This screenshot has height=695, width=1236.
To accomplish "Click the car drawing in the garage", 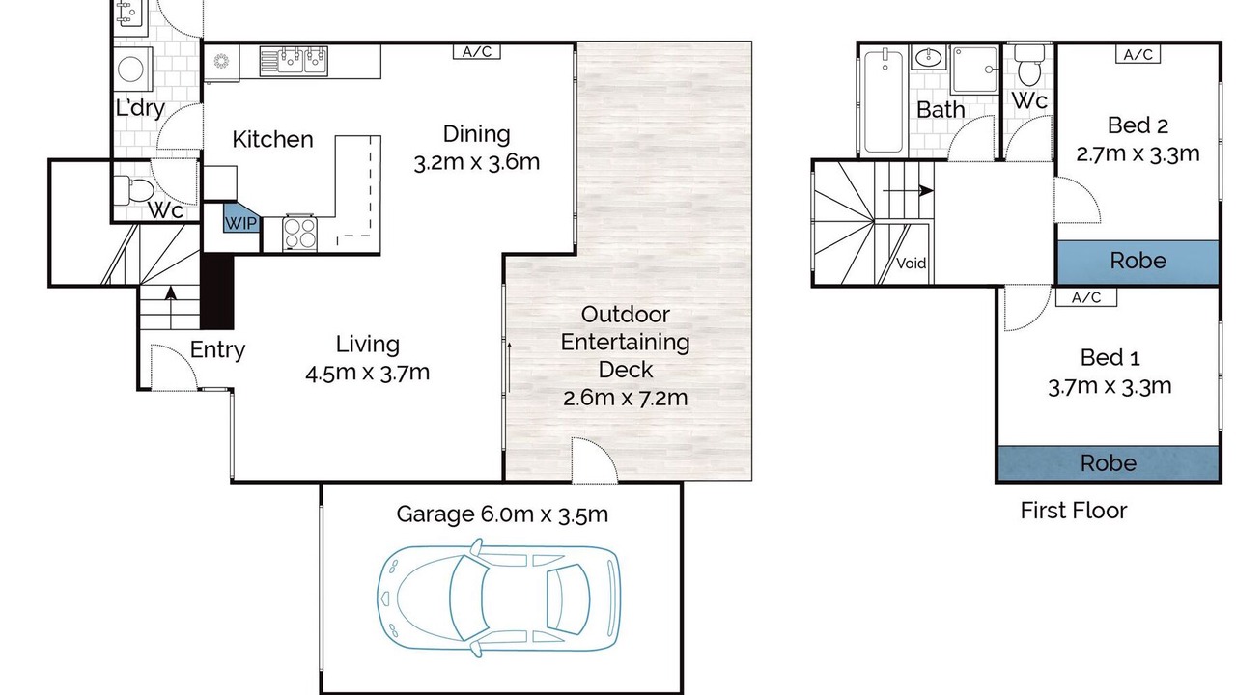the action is (x=499, y=598).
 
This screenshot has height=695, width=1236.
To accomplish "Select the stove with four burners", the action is (x=299, y=233).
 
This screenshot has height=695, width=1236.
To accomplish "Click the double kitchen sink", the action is (x=294, y=60).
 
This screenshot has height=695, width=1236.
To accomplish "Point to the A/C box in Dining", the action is (x=477, y=52).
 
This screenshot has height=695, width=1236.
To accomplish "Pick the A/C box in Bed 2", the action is (x=1138, y=54).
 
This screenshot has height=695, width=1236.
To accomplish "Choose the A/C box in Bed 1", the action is (x=1086, y=298).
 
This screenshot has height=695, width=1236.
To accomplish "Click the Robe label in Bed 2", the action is (x=1138, y=261).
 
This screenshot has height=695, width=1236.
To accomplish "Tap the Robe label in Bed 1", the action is (x=1108, y=463).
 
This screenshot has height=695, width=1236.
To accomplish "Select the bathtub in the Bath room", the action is (x=884, y=100).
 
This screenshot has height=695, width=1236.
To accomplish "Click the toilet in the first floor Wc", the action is (x=1029, y=65).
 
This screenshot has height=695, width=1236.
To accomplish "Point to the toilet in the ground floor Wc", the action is (x=133, y=190).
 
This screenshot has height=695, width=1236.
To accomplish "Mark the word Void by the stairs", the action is (x=911, y=264).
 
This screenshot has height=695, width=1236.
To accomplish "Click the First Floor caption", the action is (x=1073, y=511).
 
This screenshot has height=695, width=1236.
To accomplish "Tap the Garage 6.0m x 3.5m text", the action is (x=502, y=514).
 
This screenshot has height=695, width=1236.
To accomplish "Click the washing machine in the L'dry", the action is (x=132, y=69).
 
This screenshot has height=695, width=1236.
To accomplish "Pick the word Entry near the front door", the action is (x=217, y=350).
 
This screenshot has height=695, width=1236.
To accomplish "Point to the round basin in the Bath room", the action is (x=928, y=57).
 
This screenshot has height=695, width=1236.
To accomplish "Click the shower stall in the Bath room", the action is (x=975, y=69).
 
